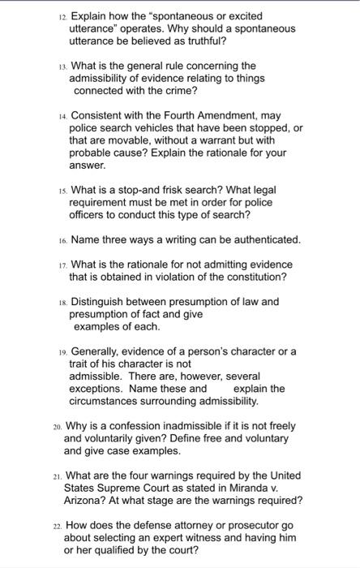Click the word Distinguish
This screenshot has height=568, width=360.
[x=102, y=302]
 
